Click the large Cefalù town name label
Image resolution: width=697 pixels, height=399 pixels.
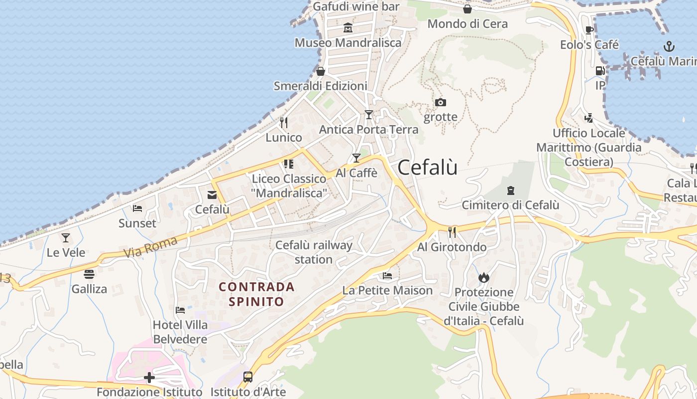[428, 168]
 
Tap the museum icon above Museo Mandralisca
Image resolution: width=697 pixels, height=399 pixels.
[348, 28]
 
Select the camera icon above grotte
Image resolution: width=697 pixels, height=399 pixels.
[440, 103]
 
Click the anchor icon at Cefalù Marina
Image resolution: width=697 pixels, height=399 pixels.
[669, 47]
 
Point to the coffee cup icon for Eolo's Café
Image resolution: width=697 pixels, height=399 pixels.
[589, 30]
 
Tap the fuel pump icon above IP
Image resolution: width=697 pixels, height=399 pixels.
[600, 71]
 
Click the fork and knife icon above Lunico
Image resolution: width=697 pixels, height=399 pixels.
[284, 122]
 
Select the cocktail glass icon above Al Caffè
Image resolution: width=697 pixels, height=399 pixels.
[356, 158]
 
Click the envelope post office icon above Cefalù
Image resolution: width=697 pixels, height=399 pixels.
[212, 195]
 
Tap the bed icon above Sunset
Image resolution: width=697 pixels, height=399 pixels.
[137, 208]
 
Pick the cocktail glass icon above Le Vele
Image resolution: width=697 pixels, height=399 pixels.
[66, 237]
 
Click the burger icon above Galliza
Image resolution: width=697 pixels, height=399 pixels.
[89, 274]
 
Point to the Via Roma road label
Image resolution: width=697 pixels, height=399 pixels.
[150, 248]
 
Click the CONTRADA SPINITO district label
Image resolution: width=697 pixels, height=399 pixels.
[257, 294]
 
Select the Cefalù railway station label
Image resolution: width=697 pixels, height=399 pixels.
[314, 252]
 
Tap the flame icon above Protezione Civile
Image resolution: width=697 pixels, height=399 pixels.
[483, 277]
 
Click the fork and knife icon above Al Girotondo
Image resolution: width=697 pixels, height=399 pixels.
[452, 232]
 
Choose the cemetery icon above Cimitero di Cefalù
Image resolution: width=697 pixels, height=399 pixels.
[510, 190]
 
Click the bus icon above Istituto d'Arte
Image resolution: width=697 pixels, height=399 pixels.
[248, 377]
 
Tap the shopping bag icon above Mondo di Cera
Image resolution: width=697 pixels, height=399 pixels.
[467, 9]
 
